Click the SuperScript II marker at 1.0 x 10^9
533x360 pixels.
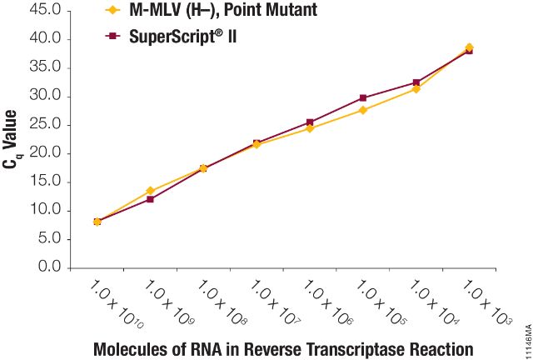click(150, 199)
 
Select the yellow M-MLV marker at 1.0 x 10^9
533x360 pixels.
click(150, 191)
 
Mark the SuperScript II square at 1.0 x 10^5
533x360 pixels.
click(363, 97)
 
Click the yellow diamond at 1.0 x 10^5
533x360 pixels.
click(363, 110)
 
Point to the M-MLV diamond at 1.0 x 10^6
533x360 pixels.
click(310, 128)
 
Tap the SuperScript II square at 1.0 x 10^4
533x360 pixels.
click(416, 82)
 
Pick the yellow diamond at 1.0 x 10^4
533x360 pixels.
click(416, 89)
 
